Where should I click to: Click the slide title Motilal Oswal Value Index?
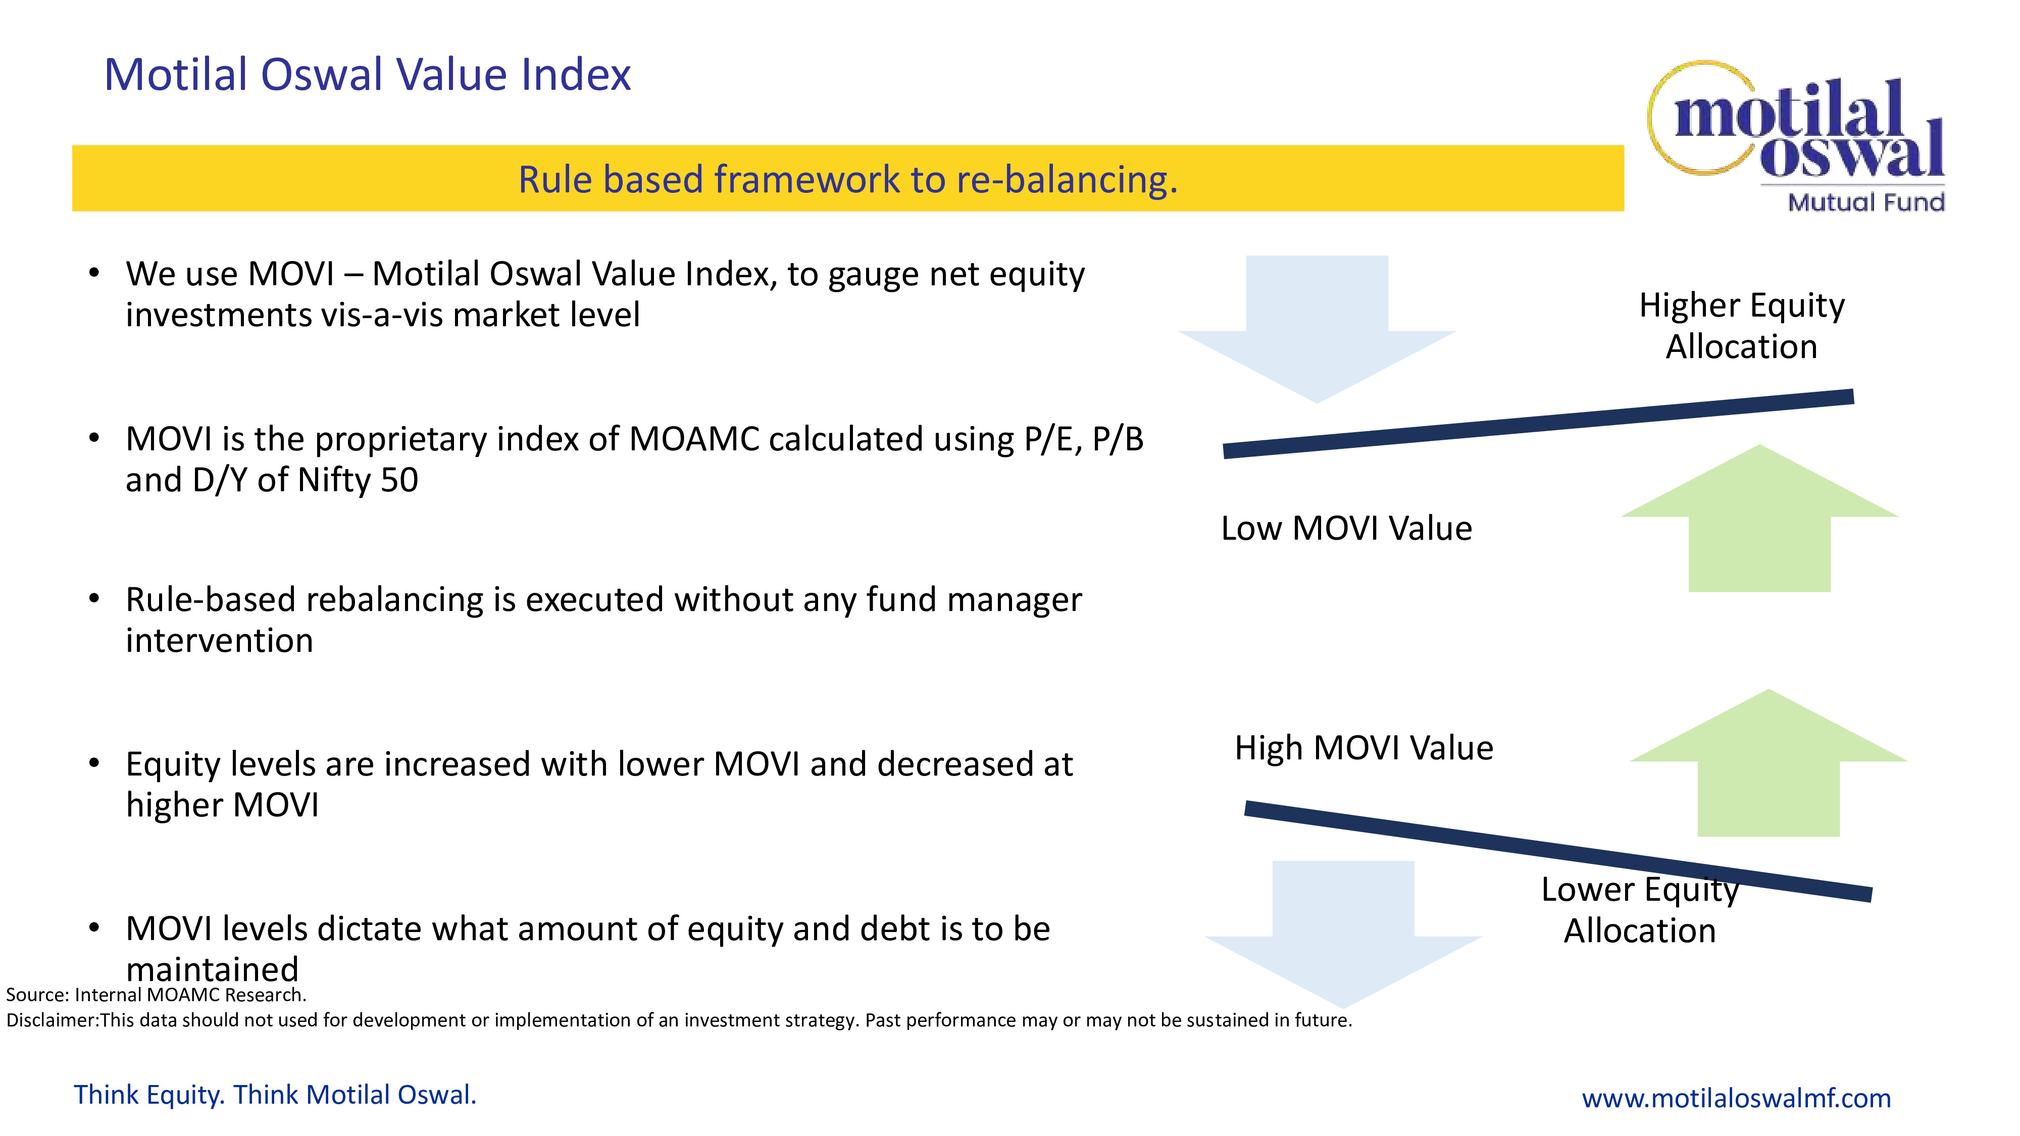367,75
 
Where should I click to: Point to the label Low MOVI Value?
1346,529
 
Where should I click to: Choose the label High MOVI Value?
1363,748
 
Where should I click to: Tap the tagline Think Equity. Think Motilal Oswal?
274,1095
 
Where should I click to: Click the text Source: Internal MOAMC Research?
156,995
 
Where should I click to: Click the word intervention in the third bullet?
220,641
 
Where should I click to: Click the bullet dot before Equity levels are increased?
94,763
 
